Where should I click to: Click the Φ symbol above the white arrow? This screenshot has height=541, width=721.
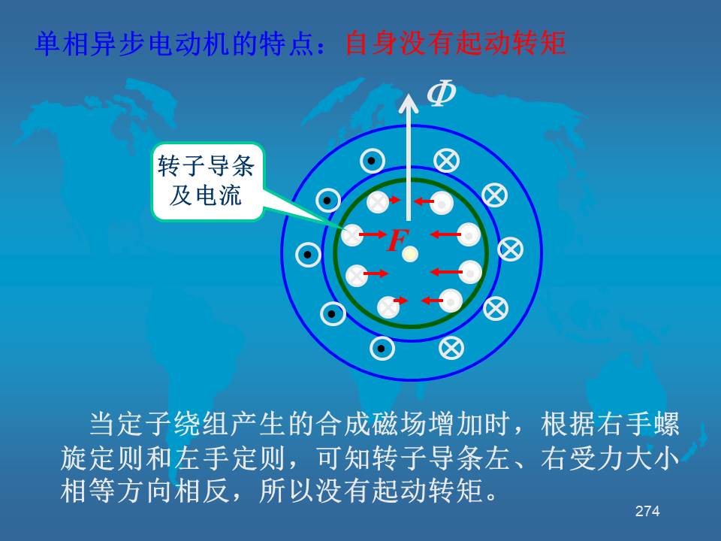[x=441, y=93]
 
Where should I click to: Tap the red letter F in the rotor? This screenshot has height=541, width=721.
[x=397, y=240]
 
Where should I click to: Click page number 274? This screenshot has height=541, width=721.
[x=647, y=511]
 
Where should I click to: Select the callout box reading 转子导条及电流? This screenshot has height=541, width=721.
[x=207, y=181]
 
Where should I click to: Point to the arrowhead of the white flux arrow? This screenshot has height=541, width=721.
[x=409, y=103]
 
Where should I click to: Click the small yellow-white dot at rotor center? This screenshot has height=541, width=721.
[x=410, y=253]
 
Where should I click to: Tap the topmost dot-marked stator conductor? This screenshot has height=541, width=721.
[x=372, y=161]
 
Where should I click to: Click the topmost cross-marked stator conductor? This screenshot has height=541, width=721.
[x=446, y=161]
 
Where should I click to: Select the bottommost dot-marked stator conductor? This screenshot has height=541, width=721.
[x=382, y=348]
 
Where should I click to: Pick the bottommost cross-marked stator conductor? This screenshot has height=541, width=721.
[x=451, y=348]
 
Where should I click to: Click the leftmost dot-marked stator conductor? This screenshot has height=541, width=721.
[x=308, y=255]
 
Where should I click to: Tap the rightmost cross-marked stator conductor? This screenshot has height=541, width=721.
[x=510, y=249]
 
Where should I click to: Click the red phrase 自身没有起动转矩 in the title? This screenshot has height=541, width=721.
[x=455, y=43]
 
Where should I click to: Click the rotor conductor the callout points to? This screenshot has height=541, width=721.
[x=351, y=235]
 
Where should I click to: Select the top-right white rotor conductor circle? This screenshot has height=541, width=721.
[x=442, y=203]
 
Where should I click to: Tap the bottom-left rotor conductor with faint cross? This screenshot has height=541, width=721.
[x=388, y=307]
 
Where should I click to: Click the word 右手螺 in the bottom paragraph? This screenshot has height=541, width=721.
[x=638, y=424]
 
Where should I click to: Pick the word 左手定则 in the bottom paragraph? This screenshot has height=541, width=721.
[x=230, y=458]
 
